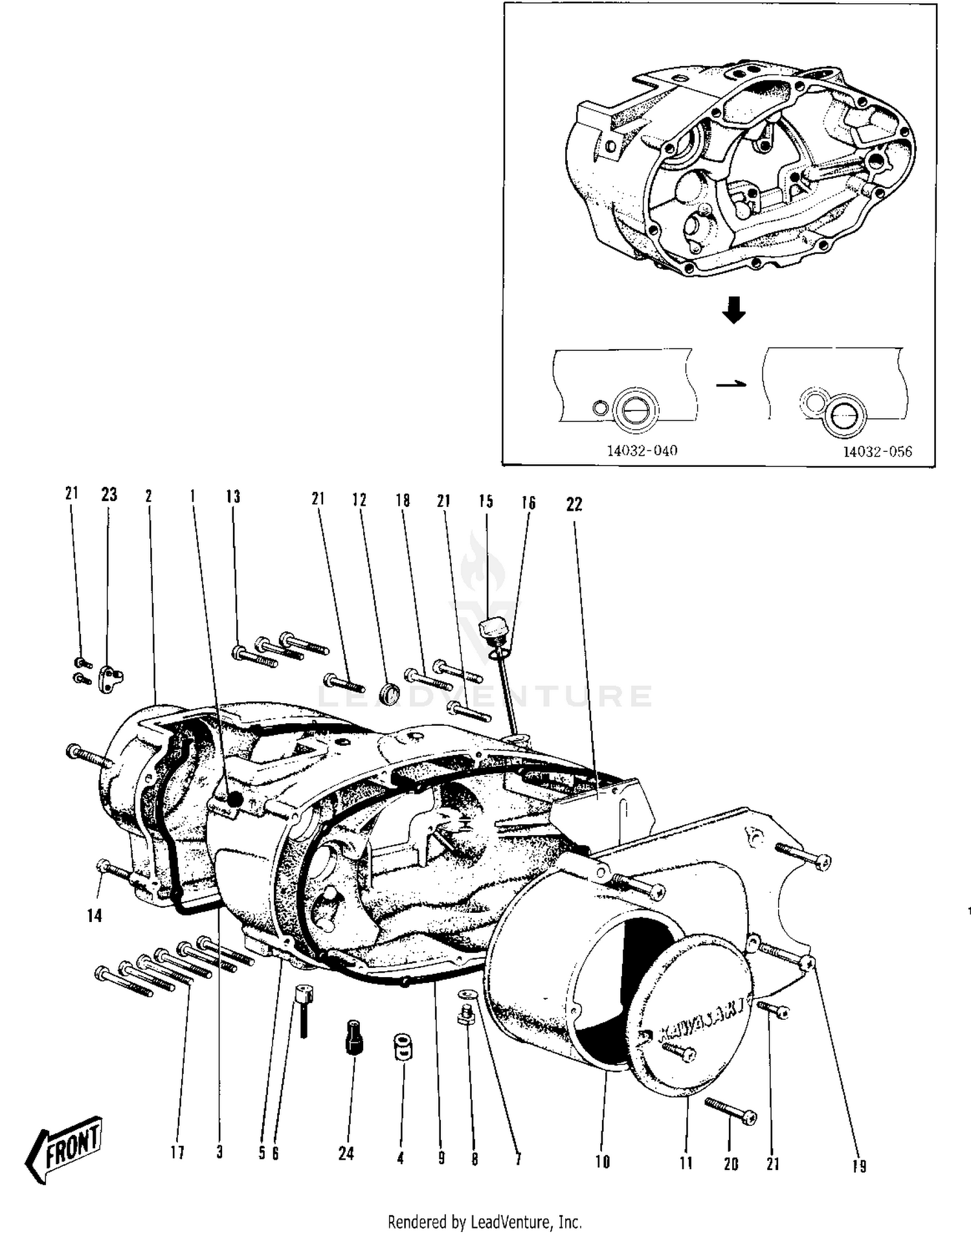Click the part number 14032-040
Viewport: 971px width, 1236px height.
pyautogui.click(x=642, y=451)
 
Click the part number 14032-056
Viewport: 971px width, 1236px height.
pyautogui.click(x=876, y=452)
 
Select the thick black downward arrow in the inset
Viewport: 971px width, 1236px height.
pyautogui.click(x=733, y=310)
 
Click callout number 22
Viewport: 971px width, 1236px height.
pyautogui.click(x=574, y=504)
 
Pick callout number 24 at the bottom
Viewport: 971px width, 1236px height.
pyautogui.click(x=346, y=1153)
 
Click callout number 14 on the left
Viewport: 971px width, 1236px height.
pyautogui.click(x=95, y=916)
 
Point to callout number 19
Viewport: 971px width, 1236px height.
pyautogui.click(x=858, y=1165)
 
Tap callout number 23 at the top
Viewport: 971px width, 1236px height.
pyautogui.click(x=109, y=495)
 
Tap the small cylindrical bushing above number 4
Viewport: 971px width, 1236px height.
pyautogui.click(x=403, y=1047)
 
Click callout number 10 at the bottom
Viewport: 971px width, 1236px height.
pyautogui.click(x=602, y=1162)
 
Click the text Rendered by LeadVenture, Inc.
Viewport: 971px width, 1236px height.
pyautogui.click(x=484, y=1222)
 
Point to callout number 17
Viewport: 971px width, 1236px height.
pyautogui.click(x=177, y=1152)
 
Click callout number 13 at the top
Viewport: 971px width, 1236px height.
pyautogui.click(x=233, y=497)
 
